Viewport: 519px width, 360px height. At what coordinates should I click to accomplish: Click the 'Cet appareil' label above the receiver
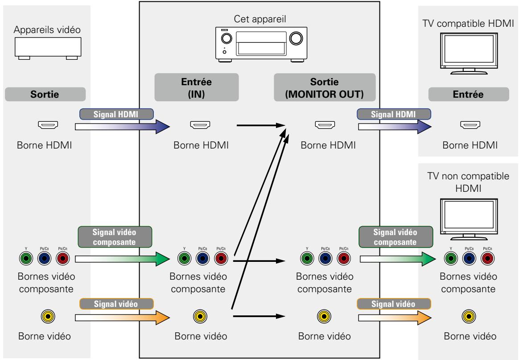tap(260, 19)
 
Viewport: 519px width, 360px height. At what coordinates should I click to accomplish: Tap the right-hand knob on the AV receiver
tap(296, 38)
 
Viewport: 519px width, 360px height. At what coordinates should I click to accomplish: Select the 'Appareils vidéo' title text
tap(47, 30)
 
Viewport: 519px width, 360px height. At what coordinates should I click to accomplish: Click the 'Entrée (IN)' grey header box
tap(197, 87)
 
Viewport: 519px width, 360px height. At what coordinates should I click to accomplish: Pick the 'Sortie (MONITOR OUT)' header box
tap(325, 87)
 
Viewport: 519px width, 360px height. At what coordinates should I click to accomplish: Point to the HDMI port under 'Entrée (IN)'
tap(200, 125)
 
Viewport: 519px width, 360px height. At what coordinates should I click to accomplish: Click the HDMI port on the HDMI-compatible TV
tap(470, 125)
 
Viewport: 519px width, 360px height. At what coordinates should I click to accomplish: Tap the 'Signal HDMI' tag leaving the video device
tap(116, 114)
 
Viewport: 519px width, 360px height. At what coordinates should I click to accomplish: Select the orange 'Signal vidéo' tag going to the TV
tap(394, 304)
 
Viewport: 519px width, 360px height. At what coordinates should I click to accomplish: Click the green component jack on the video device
tap(26, 258)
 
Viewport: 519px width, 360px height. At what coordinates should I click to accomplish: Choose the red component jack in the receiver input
tap(221, 258)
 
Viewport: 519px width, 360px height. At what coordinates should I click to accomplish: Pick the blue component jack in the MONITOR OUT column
tap(325, 258)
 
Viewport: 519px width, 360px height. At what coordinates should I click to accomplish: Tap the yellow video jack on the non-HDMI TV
tap(469, 317)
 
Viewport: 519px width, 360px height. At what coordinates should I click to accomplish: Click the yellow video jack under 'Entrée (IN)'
tap(200, 317)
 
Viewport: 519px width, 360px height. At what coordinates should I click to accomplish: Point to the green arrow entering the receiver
tap(123, 259)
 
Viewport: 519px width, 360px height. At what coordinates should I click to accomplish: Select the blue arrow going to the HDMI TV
tap(395, 127)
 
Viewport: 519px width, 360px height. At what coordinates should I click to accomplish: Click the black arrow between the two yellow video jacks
tap(259, 316)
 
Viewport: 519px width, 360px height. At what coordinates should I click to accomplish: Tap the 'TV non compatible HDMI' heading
tap(468, 182)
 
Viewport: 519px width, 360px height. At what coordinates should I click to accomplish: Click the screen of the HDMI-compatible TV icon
tap(469, 49)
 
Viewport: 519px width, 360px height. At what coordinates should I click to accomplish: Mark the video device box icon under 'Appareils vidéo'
tap(48, 48)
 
